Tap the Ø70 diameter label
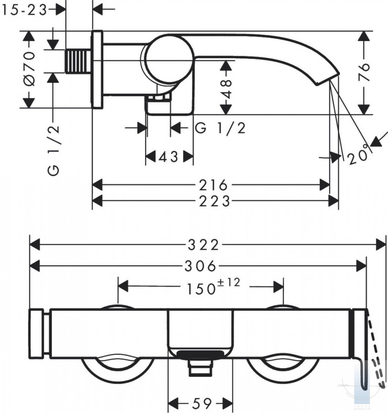[29, 68]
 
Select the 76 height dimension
[364, 72]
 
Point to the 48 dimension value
[226, 89]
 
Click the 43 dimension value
[169, 157]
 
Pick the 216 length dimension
[213, 185]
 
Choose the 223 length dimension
[214, 202]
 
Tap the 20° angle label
[357, 155]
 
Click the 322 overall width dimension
[203, 245]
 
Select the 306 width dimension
[200, 266]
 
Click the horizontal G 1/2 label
[220, 128]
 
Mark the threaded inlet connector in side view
[78, 62]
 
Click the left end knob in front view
[36, 333]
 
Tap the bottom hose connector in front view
[201, 368]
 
